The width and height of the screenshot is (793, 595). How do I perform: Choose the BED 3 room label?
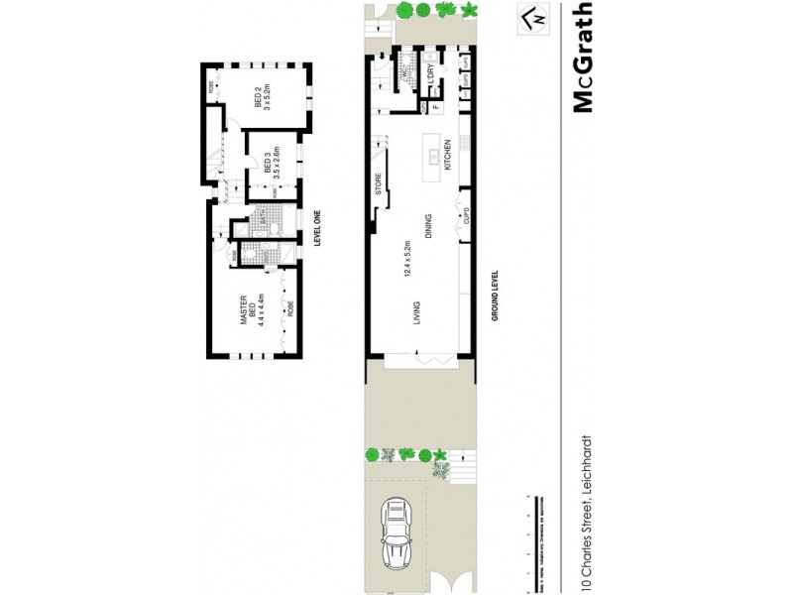pyautogui.click(x=272, y=164)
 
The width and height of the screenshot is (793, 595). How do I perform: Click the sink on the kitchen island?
pyautogui.click(x=433, y=157)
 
